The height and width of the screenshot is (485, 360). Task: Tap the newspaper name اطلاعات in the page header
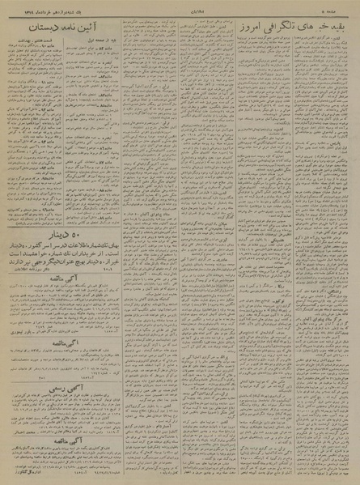[x=180, y=8]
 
